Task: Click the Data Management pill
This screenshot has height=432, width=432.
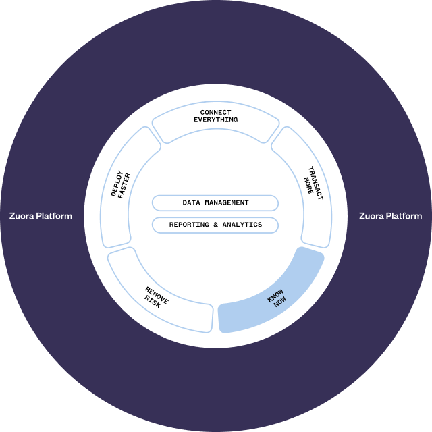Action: (215, 202)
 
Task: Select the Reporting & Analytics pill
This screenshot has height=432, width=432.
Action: (215, 225)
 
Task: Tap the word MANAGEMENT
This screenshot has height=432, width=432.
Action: (226, 202)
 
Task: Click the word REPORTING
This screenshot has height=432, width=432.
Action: (188, 225)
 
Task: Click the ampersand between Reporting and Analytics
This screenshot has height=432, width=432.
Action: (215, 225)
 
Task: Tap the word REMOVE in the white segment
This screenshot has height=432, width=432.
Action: (157, 295)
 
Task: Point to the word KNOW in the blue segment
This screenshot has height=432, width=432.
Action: (275, 296)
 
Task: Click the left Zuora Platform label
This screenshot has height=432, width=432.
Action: (40, 217)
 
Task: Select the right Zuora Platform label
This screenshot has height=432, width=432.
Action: (391, 217)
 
